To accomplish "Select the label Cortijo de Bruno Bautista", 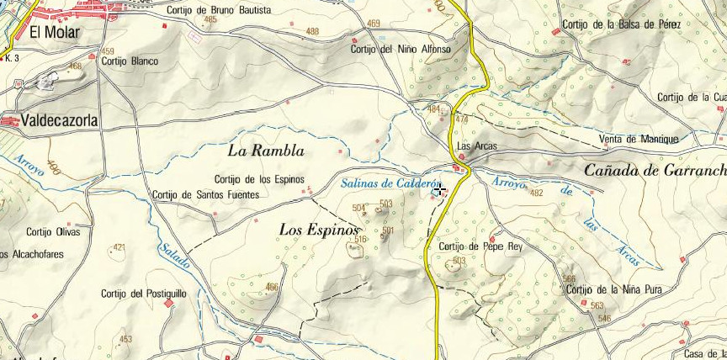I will pos(219,10).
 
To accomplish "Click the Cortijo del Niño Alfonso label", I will pos(401,50).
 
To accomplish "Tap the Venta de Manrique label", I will pos(637,139).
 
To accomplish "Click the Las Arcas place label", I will pos(476,146).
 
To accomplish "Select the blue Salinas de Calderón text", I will pos(391,184).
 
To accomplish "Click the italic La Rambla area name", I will pos(266,151).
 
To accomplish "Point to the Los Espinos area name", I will pos(319,229).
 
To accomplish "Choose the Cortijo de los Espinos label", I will pos(258,178).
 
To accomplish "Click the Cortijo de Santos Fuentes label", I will pos(206,195).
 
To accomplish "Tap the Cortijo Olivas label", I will pos(53,232).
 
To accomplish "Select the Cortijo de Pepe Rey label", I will pos(480,246).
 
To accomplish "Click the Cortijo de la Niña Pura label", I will pos(614,289).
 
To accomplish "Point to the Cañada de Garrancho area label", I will pos(655,171).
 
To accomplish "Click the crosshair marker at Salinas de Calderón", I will pos(438,190).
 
